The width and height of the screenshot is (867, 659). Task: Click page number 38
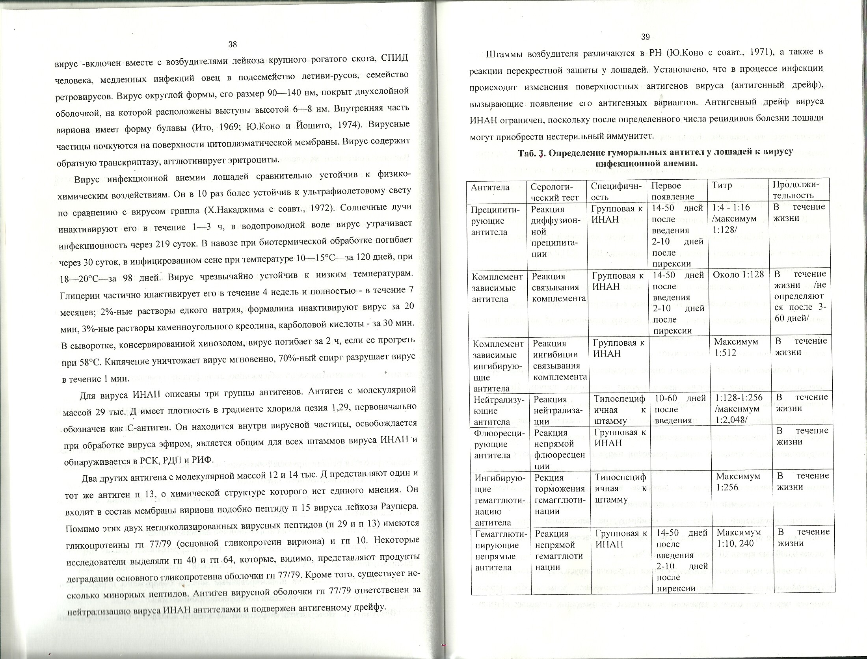coord(233,45)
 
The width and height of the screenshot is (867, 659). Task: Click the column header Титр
coord(722,186)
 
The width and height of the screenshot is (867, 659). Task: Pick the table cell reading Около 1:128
coord(738,274)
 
